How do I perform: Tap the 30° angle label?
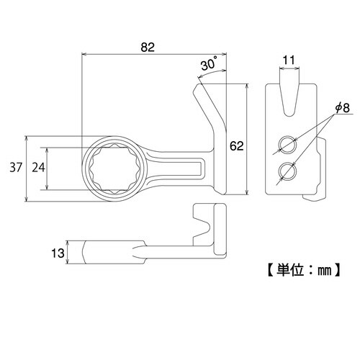point(209,65)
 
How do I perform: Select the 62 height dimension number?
point(235,146)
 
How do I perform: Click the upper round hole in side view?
point(287,145)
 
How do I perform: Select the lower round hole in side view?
point(287,171)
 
